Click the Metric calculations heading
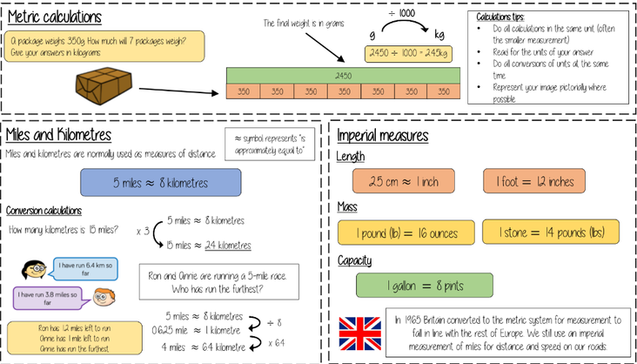[x=54, y=17]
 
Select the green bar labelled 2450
[x=342, y=76]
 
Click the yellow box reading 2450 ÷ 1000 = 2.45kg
[x=406, y=54]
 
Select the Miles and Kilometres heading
[x=58, y=135]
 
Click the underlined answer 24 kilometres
[x=231, y=246]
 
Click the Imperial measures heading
[x=382, y=136]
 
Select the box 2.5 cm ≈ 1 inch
[x=404, y=181]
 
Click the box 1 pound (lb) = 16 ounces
[x=406, y=233]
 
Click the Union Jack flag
[x=359, y=333]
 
